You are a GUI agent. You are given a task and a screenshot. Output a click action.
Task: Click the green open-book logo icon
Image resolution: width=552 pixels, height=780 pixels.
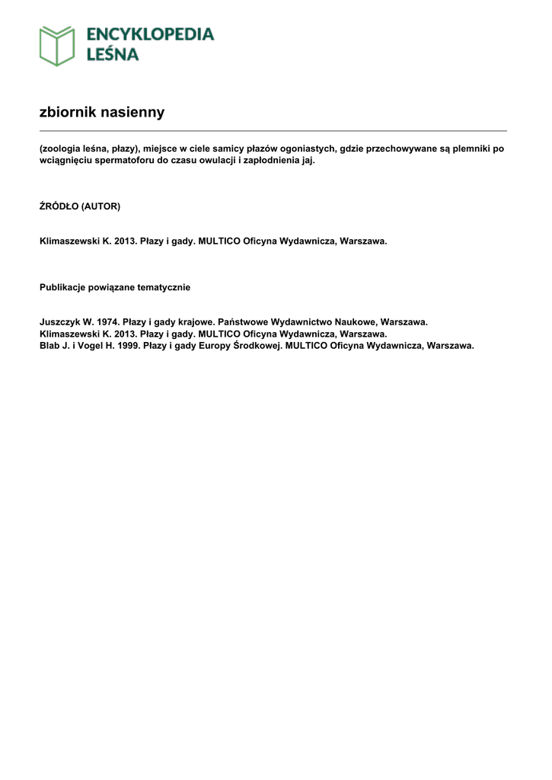coord(57,46)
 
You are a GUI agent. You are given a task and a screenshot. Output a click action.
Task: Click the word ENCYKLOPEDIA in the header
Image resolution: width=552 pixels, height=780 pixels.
coord(150,34)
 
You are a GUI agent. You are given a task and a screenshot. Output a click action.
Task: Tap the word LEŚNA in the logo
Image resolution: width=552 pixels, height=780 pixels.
coord(113,54)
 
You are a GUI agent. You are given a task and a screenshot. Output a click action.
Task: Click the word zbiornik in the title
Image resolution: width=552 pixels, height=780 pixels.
coord(67,113)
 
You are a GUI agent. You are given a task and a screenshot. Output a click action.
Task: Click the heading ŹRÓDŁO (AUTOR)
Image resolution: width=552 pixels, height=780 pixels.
coord(80,206)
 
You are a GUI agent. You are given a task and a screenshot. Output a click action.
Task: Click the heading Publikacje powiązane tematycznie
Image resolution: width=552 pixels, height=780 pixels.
coord(115,287)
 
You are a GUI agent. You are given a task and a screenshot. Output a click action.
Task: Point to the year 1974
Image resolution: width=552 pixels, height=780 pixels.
coord(108,322)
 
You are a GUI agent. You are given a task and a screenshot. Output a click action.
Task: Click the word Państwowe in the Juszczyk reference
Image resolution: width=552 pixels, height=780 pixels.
coord(242,322)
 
